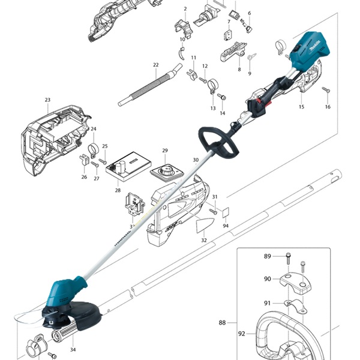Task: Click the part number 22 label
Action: (155, 65)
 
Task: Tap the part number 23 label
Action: (47, 100)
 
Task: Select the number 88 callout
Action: (223, 323)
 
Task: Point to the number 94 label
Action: (226, 226)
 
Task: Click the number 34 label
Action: (73, 350)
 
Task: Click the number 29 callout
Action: (165, 151)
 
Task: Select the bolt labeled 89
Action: (289, 258)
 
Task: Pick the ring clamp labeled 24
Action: (93, 148)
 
